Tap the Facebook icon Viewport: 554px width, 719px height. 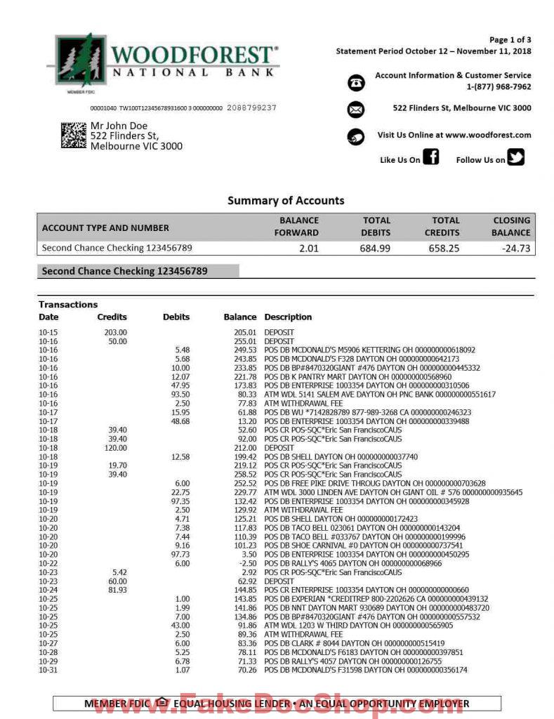pyautogui.click(x=430, y=157)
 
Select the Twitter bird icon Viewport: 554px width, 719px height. pyautogui.click(x=516, y=157)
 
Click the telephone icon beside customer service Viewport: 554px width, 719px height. pyautogui.click(x=356, y=83)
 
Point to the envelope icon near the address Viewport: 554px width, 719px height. pyautogui.click(x=356, y=110)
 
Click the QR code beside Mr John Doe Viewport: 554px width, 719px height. pyautogui.click(x=74, y=135)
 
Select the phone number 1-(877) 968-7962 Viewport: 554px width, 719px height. pyautogui.click(x=499, y=87)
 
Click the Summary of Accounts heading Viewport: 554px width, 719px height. pyautogui.click(x=286, y=201)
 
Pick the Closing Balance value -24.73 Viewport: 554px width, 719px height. pyautogui.click(x=515, y=249)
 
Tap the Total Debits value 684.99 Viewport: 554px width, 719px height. pyautogui.click(x=375, y=249)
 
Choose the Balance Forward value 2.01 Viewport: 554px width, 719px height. pyautogui.click(x=308, y=249)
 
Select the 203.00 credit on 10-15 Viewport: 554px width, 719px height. pyautogui.click(x=115, y=332)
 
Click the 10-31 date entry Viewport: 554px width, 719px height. pyautogui.click(x=48, y=670)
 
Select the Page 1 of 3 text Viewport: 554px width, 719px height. pyautogui.click(x=510, y=40)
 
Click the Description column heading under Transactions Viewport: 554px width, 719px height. pyautogui.click(x=288, y=317)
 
